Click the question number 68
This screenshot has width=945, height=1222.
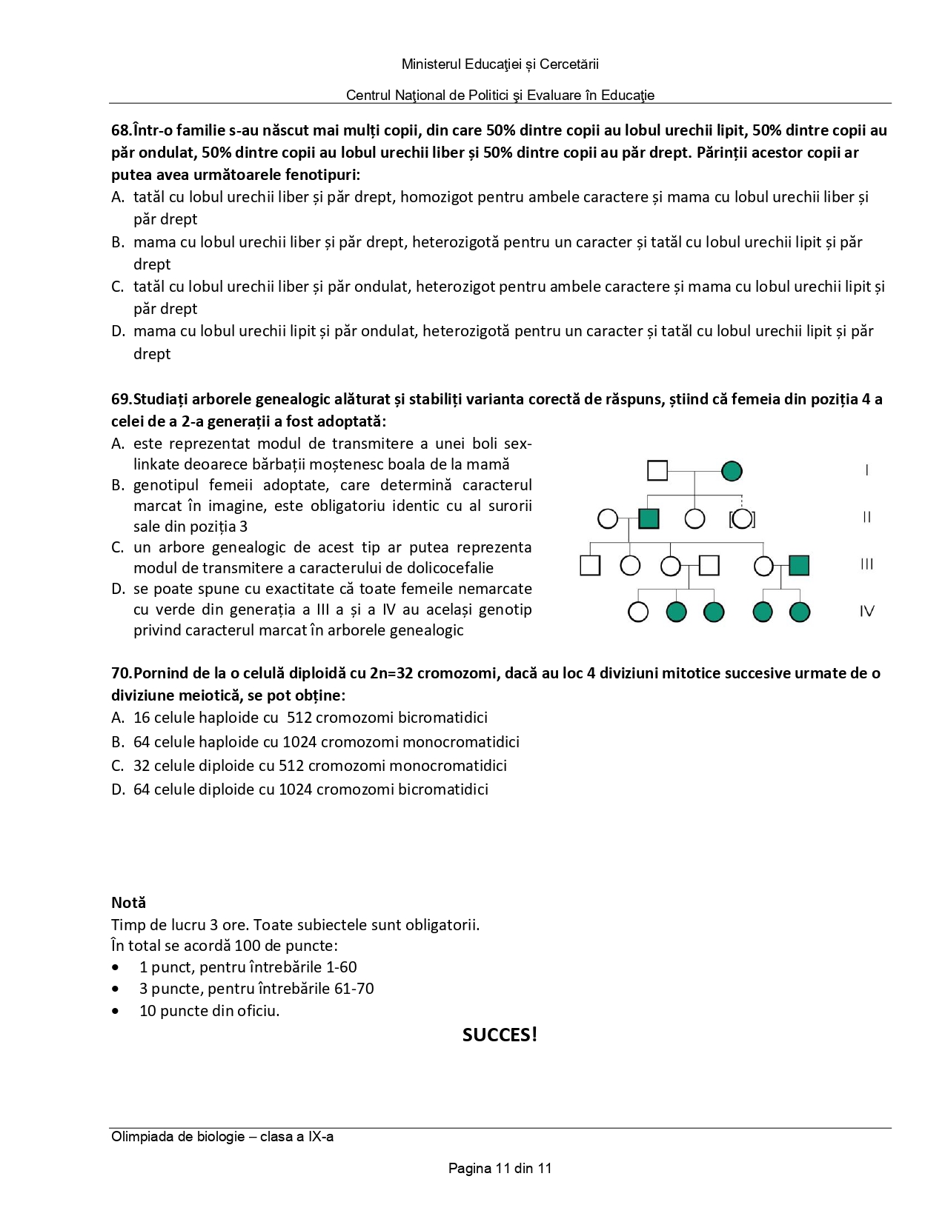[121, 130]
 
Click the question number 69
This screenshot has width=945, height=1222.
[121, 399]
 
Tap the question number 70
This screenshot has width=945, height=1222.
[121, 673]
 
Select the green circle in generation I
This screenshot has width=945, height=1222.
[732, 471]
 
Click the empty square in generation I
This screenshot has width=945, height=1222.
[657, 471]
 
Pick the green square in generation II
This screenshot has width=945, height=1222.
[649, 518]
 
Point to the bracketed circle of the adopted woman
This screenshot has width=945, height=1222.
[742, 518]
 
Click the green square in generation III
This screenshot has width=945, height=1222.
[799, 566]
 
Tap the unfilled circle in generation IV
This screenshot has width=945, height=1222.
[638, 612]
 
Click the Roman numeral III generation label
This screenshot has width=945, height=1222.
[866, 564]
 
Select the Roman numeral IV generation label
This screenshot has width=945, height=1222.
[866, 612]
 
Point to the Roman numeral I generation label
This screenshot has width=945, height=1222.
[866, 470]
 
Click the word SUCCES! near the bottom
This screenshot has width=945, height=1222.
[500, 1035]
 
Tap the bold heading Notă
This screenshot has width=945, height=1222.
[128, 903]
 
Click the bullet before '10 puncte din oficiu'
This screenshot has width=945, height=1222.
[116, 1011]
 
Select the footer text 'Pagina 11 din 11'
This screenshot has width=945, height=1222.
[500, 1169]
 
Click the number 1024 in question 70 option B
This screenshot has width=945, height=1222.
[299, 742]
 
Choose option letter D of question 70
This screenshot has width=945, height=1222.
[118, 789]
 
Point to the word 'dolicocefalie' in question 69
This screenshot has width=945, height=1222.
[450, 568]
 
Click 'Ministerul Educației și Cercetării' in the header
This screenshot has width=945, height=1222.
[500, 64]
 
